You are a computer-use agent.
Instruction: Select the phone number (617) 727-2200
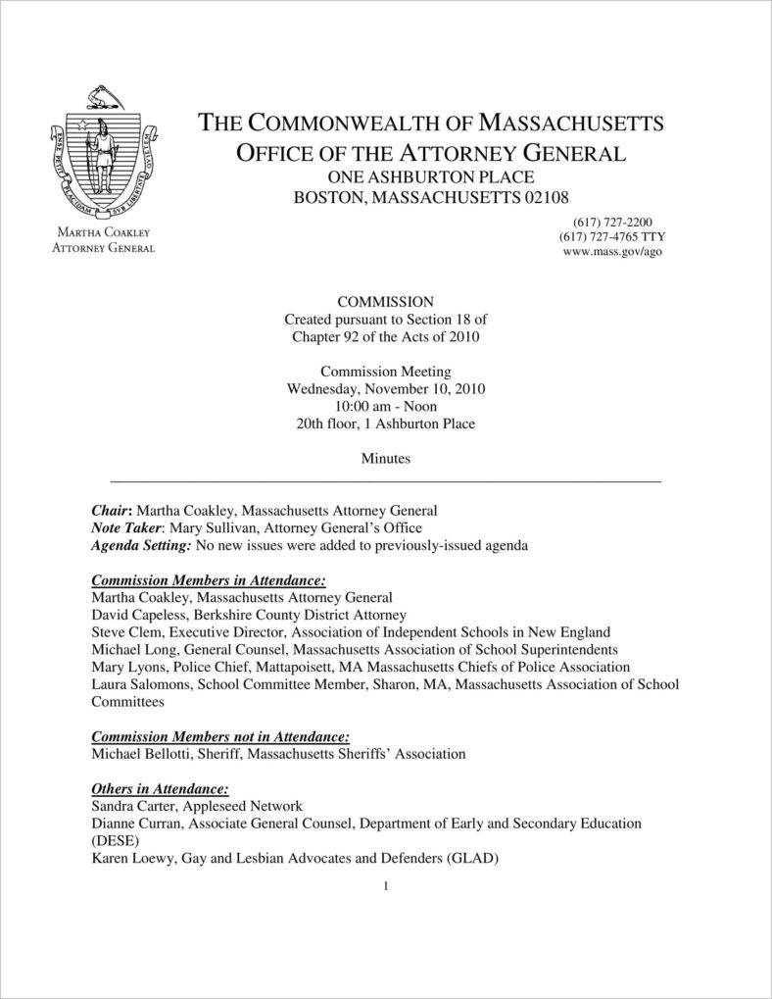tap(606, 222)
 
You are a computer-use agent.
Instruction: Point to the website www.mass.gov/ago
tap(605, 252)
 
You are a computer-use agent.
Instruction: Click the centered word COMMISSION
tap(385, 301)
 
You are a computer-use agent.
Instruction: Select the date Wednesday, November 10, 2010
tap(385, 388)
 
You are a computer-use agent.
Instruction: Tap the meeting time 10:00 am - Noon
tap(385, 406)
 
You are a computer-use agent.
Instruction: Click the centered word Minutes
tap(385, 458)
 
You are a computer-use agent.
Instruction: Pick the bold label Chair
tap(110, 511)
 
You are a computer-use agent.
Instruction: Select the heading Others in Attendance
tap(160, 788)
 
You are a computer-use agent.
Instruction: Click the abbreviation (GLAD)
tap(473, 859)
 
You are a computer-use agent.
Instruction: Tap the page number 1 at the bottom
tap(386, 887)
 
